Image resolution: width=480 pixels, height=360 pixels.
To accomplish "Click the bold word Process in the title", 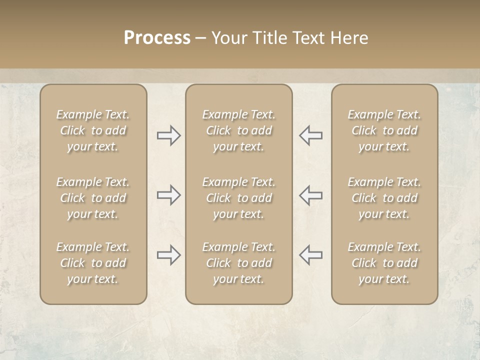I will (157, 38).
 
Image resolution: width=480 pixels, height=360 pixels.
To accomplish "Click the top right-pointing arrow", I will (168, 135).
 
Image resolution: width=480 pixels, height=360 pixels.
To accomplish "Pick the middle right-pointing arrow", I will (168, 195).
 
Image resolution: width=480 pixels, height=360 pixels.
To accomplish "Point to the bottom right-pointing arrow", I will (168, 255).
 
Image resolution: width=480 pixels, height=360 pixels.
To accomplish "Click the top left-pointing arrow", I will (311, 135).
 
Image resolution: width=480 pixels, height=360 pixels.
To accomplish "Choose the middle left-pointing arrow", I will (311, 195).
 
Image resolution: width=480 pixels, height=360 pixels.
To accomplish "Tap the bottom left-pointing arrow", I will (311, 255).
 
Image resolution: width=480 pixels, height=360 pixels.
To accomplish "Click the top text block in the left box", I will (93, 130).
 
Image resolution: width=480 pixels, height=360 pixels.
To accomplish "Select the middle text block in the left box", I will (93, 198).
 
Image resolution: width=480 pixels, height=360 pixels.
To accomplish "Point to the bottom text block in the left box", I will (93, 263).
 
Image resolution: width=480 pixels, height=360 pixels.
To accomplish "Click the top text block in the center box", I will (239, 130).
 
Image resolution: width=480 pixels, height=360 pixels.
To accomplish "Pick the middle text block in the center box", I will (239, 198).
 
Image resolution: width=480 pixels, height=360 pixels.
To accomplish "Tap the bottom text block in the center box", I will (239, 263).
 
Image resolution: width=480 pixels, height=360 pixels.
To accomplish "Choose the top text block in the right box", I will (384, 130).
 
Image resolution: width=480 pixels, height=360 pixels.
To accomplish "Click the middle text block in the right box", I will (384, 198).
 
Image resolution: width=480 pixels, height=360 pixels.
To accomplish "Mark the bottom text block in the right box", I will (384, 263).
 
